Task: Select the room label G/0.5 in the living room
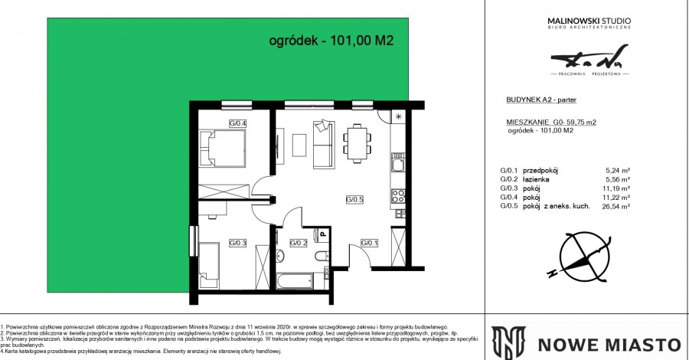point(354,201)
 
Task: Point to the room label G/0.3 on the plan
point(237,244)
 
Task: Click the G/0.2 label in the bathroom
point(298,244)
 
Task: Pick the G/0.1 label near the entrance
point(370,244)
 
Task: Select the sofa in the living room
point(323,144)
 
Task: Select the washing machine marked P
point(324,236)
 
